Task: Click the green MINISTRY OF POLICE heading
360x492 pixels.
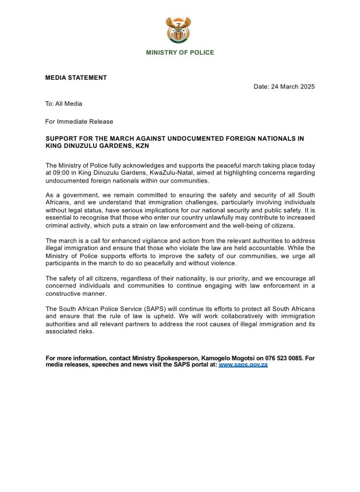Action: pos(180,52)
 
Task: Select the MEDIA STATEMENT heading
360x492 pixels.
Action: pos(76,78)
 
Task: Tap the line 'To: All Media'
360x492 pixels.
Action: pos(64,104)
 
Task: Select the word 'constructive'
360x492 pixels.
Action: pos(65,294)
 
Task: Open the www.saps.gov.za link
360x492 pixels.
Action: pos(243,365)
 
